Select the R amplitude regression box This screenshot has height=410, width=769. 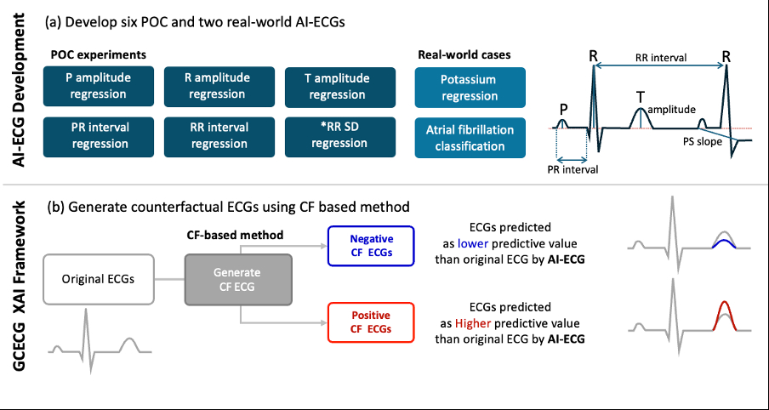click(217, 86)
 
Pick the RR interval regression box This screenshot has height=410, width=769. click(217, 135)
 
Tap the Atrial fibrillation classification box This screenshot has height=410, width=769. click(470, 138)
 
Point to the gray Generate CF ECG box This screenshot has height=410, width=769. click(239, 279)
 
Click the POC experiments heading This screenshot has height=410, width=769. click(99, 54)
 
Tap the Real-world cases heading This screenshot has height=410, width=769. click(464, 54)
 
